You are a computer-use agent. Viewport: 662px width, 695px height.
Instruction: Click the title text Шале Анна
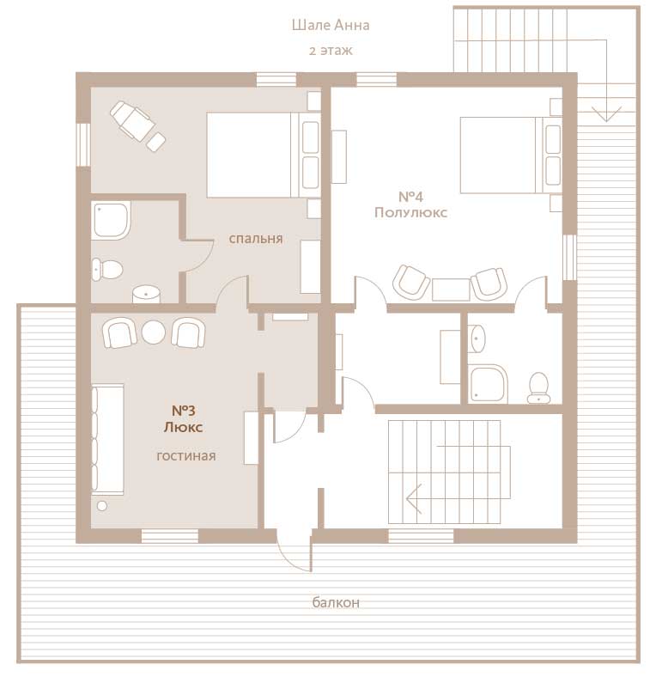tap(331, 25)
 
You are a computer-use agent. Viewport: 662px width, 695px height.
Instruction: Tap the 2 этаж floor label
tap(331, 51)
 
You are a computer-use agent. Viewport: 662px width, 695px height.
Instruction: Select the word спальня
tap(256, 239)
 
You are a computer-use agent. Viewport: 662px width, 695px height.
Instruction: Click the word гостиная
tap(186, 456)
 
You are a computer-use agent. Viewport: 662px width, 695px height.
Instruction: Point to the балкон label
tap(336, 602)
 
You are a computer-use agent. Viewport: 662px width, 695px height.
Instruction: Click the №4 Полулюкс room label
tap(410, 204)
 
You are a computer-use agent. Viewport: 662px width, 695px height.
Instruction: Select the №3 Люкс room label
tap(184, 418)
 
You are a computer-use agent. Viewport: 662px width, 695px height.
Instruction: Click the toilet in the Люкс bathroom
tap(107, 270)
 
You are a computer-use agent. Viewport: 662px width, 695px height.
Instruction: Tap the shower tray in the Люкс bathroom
tap(112, 220)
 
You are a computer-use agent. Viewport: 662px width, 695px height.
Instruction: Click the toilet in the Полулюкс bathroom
tap(539, 387)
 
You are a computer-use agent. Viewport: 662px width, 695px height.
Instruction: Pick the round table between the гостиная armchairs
tap(154, 332)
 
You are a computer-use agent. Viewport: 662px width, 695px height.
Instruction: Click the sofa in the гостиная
tap(107, 439)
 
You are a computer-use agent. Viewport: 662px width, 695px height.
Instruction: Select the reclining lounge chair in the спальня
tap(137, 126)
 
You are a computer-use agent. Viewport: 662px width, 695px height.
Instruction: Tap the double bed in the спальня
tap(264, 155)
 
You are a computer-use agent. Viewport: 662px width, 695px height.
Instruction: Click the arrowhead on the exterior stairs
tap(606, 114)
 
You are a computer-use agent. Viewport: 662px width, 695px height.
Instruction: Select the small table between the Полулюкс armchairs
tap(451, 290)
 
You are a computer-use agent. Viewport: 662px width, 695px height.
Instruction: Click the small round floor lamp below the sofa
tap(102, 506)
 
